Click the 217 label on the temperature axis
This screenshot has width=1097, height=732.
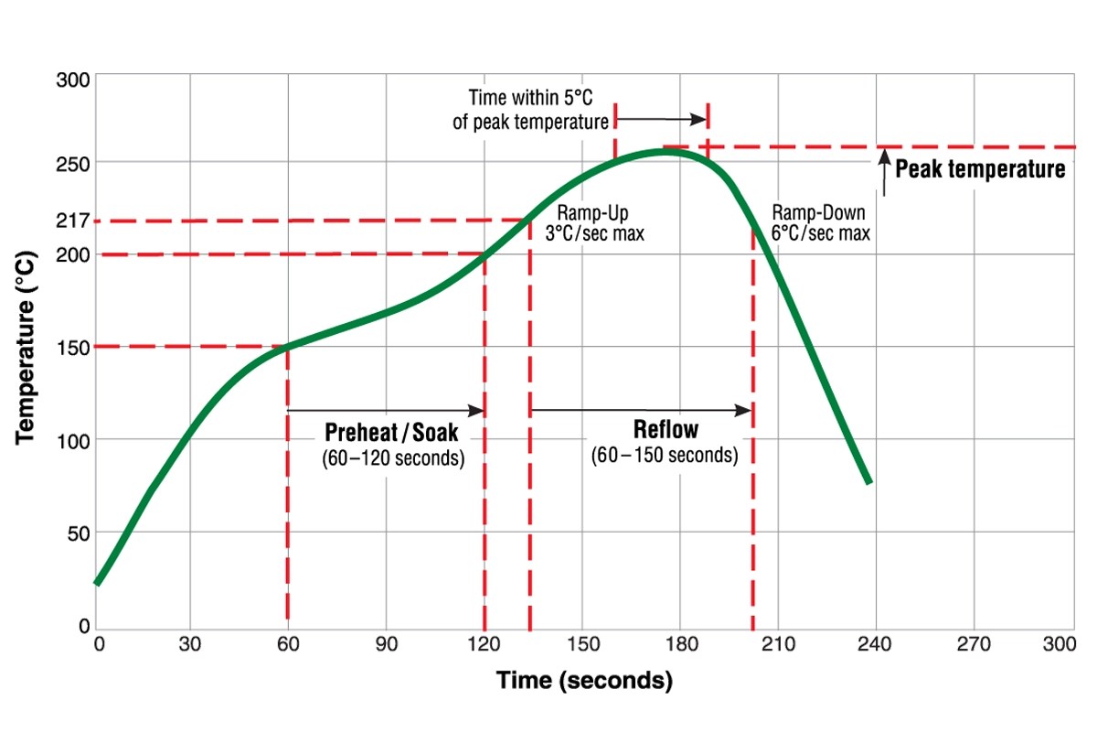click(x=73, y=221)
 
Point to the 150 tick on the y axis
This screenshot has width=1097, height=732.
click(x=73, y=347)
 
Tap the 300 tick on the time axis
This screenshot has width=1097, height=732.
click(x=1059, y=644)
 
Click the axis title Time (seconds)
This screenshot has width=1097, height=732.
click(x=584, y=681)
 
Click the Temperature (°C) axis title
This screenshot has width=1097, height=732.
click(x=27, y=348)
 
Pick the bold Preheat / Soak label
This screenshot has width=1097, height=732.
click(x=392, y=432)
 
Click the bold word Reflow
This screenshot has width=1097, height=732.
click(x=665, y=430)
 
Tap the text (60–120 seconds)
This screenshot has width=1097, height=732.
click(x=392, y=457)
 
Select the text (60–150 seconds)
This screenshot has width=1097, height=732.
click(x=665, y=455)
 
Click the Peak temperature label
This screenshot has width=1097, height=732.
click(x=979, y=169)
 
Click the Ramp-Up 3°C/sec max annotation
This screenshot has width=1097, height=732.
click(x=594, y=221)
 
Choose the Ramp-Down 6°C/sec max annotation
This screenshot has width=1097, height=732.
click(x=820, y=221)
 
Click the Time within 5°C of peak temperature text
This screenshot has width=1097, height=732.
click(x=531, y=109)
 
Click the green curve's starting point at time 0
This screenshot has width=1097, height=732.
click(x=97, y=582)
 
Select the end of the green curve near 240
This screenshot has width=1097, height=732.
click(x=868, y=481)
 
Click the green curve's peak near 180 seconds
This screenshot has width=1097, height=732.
click(x=667, y=151)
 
